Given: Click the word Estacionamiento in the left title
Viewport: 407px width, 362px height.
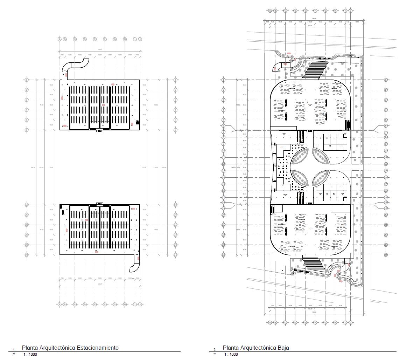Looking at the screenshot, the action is (98, 348).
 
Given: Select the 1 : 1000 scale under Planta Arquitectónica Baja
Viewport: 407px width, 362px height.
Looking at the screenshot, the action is (230, 354).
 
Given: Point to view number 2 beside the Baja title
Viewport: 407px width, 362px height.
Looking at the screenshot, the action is (215, 349).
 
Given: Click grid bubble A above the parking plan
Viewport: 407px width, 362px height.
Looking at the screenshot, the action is (59, 39).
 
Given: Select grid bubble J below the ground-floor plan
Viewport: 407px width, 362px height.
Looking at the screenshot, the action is (350, 322).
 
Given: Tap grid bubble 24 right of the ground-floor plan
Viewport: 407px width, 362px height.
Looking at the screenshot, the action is (386, 255).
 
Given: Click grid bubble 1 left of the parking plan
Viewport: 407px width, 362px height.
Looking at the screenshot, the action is (26, 80).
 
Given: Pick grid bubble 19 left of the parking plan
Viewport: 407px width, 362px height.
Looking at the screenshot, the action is (26, 205).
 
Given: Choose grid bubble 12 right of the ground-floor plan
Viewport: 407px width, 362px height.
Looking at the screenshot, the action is (386, 164).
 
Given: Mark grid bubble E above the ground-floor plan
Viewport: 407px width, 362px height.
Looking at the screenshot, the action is (305, 11).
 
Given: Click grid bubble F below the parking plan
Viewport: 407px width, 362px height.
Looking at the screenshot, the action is (105, 304).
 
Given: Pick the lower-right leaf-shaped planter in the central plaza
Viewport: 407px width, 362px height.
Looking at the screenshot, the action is (321, 178).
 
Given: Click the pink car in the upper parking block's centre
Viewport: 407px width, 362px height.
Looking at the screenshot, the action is (103, 105).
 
